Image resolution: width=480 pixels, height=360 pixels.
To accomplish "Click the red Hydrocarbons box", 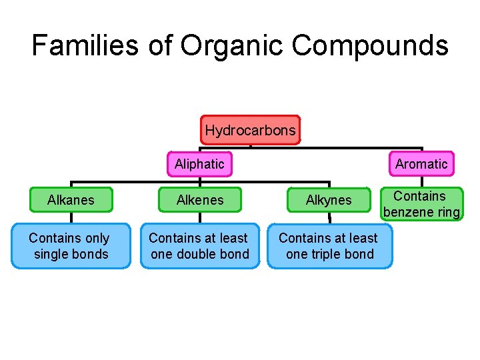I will [250, 130].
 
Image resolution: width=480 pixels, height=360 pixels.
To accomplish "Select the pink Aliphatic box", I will [199, 164].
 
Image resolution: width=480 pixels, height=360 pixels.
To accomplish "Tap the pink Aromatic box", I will [421, 164].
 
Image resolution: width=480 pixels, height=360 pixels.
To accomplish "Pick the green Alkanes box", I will [71, 200].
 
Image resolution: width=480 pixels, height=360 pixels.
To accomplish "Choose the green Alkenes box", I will [200, 200].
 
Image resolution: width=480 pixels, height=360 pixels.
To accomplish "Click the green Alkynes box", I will [328, 200].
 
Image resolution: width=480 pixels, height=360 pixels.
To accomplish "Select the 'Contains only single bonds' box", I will [71, 246].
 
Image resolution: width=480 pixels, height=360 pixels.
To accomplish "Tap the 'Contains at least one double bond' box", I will [199, 246].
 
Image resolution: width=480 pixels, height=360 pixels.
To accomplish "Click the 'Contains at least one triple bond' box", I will [329, 246].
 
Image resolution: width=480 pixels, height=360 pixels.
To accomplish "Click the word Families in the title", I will [85, 45].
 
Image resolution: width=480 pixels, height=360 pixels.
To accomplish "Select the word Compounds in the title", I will [370, 45].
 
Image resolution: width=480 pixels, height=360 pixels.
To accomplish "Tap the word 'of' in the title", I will [159, 45].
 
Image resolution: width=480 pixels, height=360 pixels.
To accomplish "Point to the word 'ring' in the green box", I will [447, 213].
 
